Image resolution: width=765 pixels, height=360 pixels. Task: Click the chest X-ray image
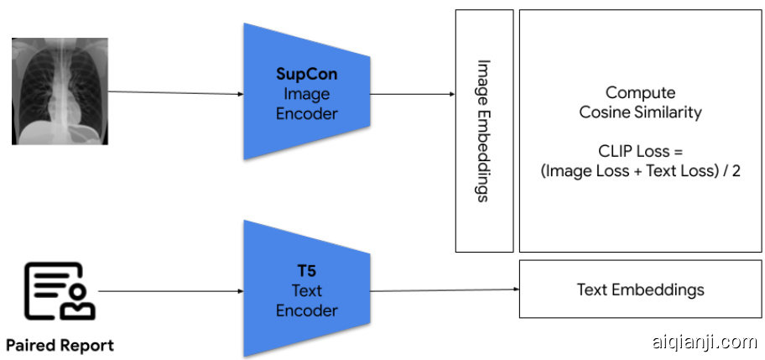point(60,91)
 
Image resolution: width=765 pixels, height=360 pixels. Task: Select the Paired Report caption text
point(60,345)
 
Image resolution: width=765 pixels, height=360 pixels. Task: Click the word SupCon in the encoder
point(306,74)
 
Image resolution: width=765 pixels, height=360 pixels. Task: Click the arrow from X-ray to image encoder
point(175,92)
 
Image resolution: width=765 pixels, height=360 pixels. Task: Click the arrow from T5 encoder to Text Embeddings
point(445,290)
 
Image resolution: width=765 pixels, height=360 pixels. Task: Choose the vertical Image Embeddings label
point(483,130)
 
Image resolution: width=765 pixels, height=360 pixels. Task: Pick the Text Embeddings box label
point(640,290)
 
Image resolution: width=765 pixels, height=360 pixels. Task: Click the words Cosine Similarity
point(640,112)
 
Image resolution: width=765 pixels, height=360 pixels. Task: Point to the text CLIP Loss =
point(640,152)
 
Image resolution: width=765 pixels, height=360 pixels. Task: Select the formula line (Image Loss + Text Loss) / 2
point(640,171)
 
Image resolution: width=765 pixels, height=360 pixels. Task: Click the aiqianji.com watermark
point(704,342)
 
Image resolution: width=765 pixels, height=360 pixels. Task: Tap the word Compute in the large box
point(640,93)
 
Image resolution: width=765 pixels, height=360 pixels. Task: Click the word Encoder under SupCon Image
point(306,112)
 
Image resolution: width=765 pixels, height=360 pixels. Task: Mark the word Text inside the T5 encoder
point(306,292)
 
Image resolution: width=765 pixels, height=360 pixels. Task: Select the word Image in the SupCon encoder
point(306,93)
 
